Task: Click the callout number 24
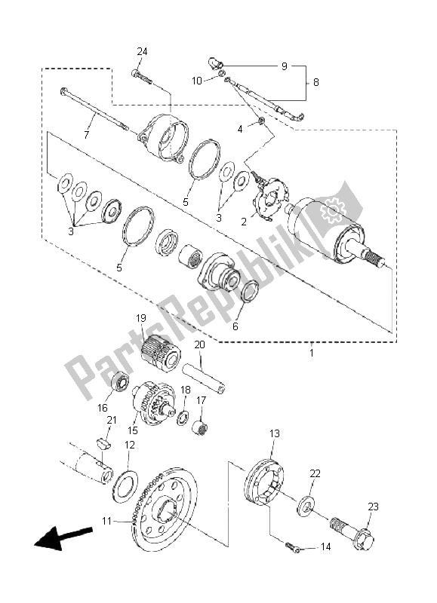[142, 51]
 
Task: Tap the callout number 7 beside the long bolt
[87, 135]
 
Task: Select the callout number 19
[141, 318]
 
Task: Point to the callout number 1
[312, 352]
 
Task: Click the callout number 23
[373, 507]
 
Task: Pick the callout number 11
[106, 521]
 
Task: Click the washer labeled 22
[306, 505]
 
